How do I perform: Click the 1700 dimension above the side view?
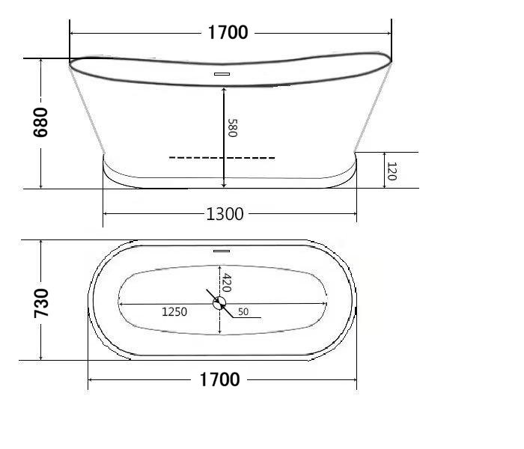point(228,32)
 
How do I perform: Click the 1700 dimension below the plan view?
point(219,380)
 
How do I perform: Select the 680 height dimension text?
point(40,122)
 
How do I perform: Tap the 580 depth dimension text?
point(232,128)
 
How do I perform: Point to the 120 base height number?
point(391,172)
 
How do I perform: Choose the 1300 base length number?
point(225,214)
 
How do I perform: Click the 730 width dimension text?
point(40,302)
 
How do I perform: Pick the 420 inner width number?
point(227,283)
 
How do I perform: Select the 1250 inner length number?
point(174,311)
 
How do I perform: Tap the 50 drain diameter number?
point(243,311)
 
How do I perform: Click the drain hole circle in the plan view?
point(219,303)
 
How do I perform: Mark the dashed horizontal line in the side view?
point(222,158)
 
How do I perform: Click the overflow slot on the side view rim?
point(222,74)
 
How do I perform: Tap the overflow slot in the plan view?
point(221,251)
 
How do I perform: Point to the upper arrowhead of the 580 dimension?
point(223,88)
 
